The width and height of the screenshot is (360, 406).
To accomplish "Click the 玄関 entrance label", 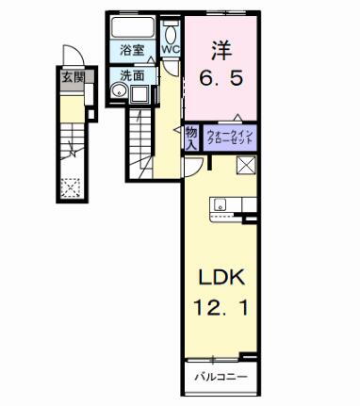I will coord(73,78).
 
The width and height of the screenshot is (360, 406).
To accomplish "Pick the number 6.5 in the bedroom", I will coord(224,79).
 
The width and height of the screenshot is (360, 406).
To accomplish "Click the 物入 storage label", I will coord(190,137).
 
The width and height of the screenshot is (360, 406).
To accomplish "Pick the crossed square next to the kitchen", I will coord(247,167).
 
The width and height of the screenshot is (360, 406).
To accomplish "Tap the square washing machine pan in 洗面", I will coord(141,92).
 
